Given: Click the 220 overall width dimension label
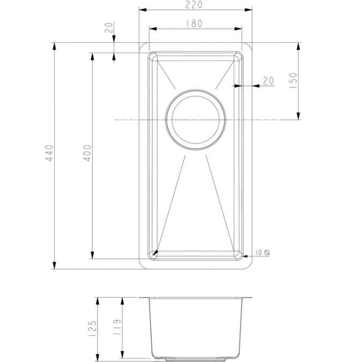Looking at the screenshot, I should pyautogui.click(x=195, y=5).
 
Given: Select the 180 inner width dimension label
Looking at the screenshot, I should pyautogui.click(x=195, y=23).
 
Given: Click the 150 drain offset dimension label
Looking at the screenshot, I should pyautogui.click(x=293, y=80).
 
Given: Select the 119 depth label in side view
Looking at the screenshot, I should pyautogui.click(x=117, y=328).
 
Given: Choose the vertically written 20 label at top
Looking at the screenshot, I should pyautogui.click(x=110, y=28).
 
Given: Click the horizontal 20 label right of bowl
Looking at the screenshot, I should pyautogui.click(x=268, y=80).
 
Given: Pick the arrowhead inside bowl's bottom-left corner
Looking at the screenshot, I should pyautogui.click(x=155, y=252).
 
